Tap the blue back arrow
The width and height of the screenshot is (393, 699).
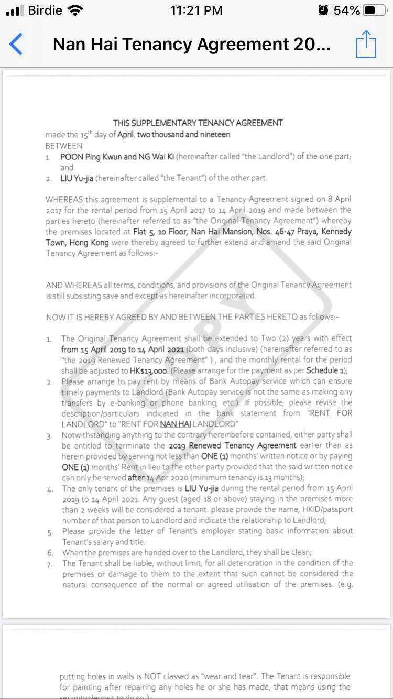(x=16, y=44)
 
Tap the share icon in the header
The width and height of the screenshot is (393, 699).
(x=366, y=44)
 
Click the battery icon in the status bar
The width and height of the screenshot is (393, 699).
(x=376, y=10)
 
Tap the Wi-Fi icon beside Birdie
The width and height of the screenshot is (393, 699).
(x=75, y=10)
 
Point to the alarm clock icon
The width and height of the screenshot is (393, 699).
(x=323, y=10)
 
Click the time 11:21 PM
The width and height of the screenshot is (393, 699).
(x=196, y=10)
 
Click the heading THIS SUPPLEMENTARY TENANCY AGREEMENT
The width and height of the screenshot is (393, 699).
(x=198, y=123)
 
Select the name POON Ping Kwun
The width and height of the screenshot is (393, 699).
(x=91, y=157)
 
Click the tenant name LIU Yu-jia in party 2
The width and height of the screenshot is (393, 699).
(x=77, y=178)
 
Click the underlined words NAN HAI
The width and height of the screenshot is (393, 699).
(x=175, y=424)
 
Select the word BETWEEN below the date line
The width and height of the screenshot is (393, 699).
(x=64, y=146)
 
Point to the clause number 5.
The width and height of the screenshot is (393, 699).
(x=50, y=532)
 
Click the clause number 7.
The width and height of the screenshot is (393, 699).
(x=50, y=564)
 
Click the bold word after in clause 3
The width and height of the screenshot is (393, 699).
(x=136, y=477)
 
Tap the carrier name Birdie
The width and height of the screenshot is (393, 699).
(x=45, y=10)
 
